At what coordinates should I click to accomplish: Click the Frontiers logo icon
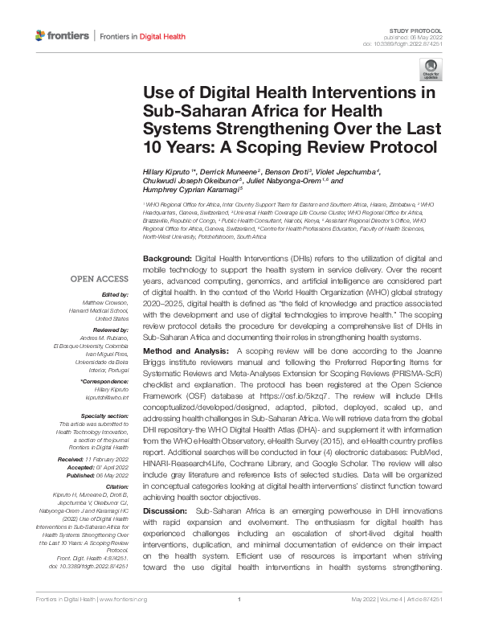coord(40,35)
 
